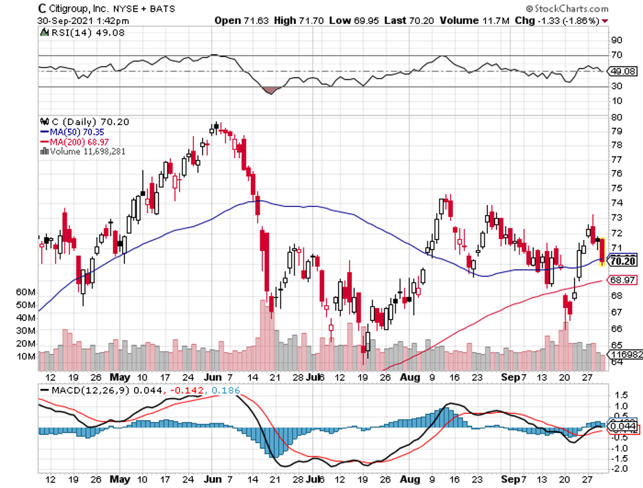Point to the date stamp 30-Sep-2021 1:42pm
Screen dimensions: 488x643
pos(71,21)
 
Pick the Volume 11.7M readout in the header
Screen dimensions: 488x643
pos(473,21)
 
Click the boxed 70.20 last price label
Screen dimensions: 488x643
pos(622,260)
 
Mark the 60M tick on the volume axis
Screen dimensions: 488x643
pos(26,292)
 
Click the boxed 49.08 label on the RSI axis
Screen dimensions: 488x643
pos(622,71)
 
